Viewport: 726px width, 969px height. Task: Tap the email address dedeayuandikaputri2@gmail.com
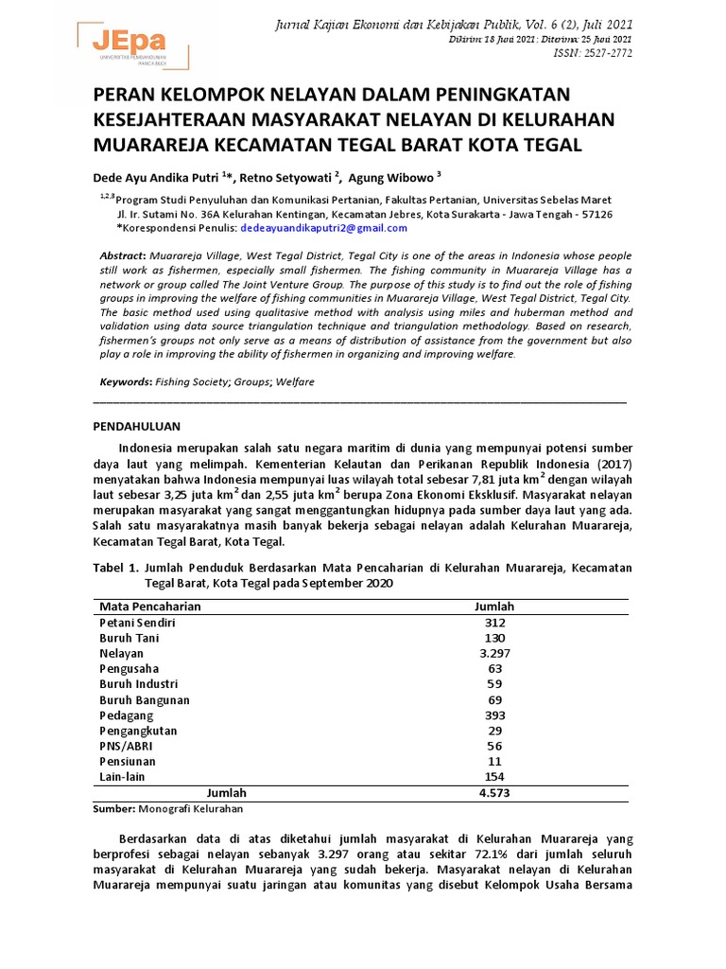pyautogui.click(x=323, y=228)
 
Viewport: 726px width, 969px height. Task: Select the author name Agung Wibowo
pyautogui.click(x=390, y=177)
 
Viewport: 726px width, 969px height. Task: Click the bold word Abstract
pyautogui.click(x=122, y=256)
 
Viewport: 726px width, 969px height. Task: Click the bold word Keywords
pyautogui.click(x=125, y=381)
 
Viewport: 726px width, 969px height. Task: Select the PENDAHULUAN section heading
pyautogui.click(x=136, y=427)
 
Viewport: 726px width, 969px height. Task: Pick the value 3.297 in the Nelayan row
pyautogui.click(x=494, y=654)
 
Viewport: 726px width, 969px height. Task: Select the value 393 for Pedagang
pyautogui.click(x=494, y=714)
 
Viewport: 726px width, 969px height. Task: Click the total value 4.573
pyautogui.click(x=494, y=793)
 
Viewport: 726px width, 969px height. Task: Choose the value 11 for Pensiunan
pyautogui.click(x=494, y=761)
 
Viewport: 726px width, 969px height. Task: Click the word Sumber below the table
pyautogui.click(x=113, y=810)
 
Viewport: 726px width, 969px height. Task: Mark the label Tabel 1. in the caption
pyautogui.click(x=116, y=568)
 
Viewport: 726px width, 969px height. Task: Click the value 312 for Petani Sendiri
pyautogui.click(x=494, y=623)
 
